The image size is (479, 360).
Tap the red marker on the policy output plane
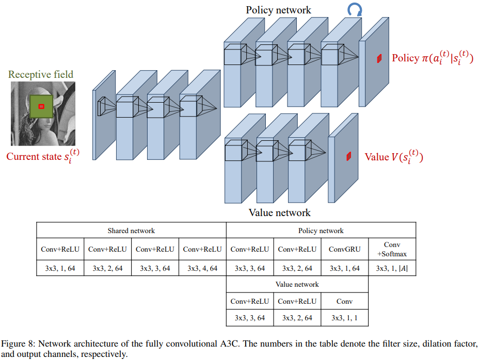tap(379, 58)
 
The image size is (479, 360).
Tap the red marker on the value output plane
tap(349, 156)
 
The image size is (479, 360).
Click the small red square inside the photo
tap(41, 106)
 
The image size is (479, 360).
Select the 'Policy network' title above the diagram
tap(278, 10)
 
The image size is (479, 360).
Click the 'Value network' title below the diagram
tap(280, 212)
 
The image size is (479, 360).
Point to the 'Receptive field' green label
tap(41, 74)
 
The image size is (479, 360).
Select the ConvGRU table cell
tap(344, 249)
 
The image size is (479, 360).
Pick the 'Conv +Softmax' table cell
tap(392, 249)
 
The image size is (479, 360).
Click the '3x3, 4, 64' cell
tap(202, 268)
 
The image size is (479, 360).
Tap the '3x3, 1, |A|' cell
tap(392, 268)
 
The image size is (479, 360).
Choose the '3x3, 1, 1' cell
tap(344, 318)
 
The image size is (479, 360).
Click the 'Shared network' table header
tap(131, 231)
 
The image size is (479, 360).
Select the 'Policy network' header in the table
tap(321, 231)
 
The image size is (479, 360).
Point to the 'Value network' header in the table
tap(297, 284)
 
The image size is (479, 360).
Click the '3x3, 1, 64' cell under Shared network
tap(60, 268)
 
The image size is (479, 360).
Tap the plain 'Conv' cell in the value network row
tap(344, 301)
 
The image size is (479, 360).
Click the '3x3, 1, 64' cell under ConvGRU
tap(344, 268)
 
